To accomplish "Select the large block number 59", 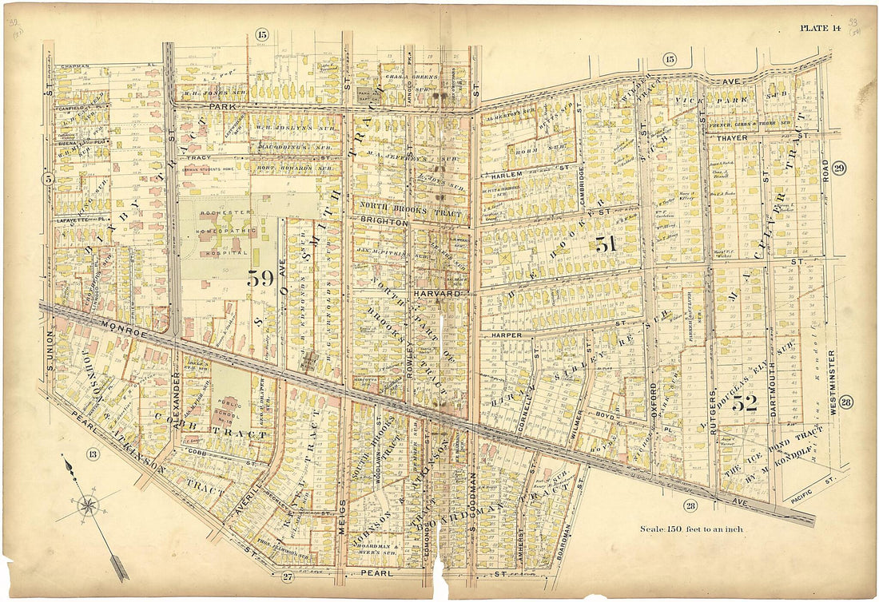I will point(261,279).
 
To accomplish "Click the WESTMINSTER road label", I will point(832,382).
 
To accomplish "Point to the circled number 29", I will point(838,168).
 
